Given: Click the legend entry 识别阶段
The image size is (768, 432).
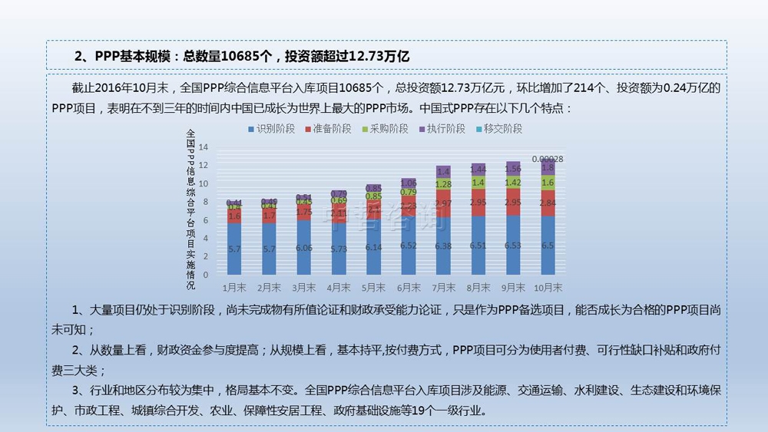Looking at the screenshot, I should point(270,129).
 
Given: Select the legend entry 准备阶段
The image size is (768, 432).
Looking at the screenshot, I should point(327,129).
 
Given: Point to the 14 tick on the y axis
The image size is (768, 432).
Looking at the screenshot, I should point(204,147).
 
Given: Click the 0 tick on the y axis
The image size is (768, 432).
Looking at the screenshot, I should point(205,274).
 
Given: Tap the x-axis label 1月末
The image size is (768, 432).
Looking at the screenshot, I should point(235,288).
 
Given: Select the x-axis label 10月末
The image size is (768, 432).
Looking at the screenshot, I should point(548,288).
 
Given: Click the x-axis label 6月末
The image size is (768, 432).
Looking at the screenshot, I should point(409,288).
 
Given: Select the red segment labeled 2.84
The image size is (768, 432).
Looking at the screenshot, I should point(548,203).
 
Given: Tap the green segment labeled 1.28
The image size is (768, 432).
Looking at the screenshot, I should point(443,184).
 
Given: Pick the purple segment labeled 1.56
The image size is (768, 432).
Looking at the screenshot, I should point(513,168).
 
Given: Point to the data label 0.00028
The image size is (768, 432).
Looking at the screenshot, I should point(548,159).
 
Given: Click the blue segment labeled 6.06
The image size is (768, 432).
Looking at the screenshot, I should point(304,246).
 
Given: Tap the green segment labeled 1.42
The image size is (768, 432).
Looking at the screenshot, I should point(513,182).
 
